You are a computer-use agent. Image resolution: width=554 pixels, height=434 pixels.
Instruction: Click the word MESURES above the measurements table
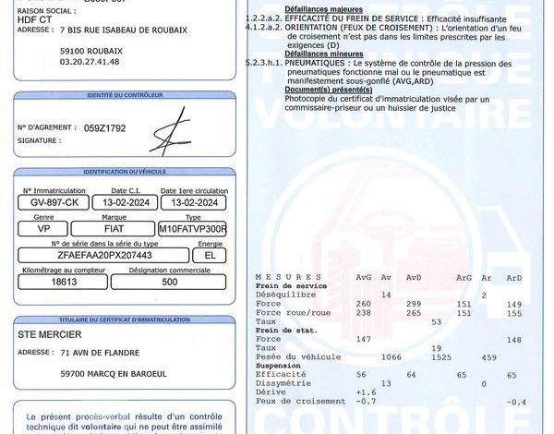tap(276, 276)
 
